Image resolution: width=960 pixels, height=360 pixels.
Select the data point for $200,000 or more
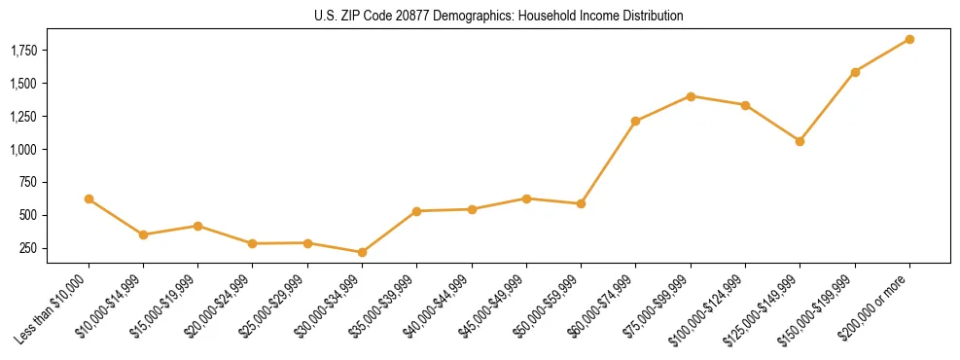tap(909, 39)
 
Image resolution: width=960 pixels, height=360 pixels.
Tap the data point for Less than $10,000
tap(89, 198)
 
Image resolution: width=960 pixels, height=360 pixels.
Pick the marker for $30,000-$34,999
tap(362, 252)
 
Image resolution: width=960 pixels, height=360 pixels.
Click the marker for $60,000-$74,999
tap(635, 121)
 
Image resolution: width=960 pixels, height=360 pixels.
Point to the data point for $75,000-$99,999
tap(691, 96)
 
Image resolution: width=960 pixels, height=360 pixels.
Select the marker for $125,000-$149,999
tap(800, 141)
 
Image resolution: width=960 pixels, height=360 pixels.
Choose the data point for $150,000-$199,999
tap(855, 72)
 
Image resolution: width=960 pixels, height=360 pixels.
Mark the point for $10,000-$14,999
tap(143, 234)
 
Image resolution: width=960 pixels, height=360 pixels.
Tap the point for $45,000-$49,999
tap(526, 198)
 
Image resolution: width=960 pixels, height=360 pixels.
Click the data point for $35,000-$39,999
tap(416, 211)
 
